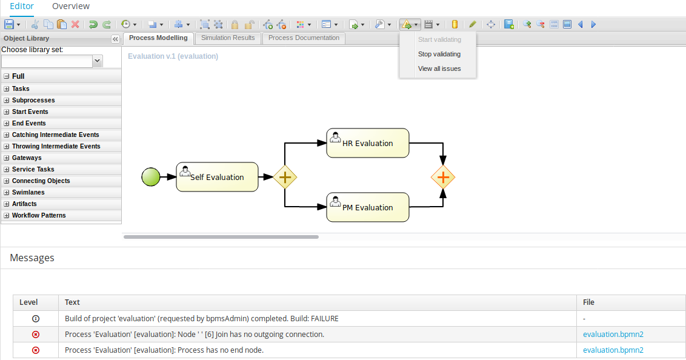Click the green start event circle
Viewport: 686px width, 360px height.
[151, 177]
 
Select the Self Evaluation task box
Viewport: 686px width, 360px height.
[217, 177]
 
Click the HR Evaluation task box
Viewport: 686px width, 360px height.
[367, 143]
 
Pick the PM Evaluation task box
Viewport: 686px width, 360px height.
[367, 207]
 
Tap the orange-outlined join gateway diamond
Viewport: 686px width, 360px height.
[443, 177]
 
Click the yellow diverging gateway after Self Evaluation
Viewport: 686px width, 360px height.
[285, 177]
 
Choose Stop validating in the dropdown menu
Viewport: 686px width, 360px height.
[439, 54]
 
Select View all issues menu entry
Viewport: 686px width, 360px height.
[439, 68]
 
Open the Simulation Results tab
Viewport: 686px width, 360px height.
[228, 38]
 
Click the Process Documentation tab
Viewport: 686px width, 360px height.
[304, 38]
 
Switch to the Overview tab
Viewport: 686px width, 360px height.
[71, 6]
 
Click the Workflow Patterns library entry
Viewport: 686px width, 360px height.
[39, 215]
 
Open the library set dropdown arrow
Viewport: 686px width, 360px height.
[98, 61]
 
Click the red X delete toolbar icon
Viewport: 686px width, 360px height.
[75, 24]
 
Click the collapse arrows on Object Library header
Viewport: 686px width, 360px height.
[115, 39]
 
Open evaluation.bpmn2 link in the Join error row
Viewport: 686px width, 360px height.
[613, 334]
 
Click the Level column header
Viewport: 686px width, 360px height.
[28, 302]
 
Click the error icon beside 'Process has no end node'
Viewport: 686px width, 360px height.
[36, 350]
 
